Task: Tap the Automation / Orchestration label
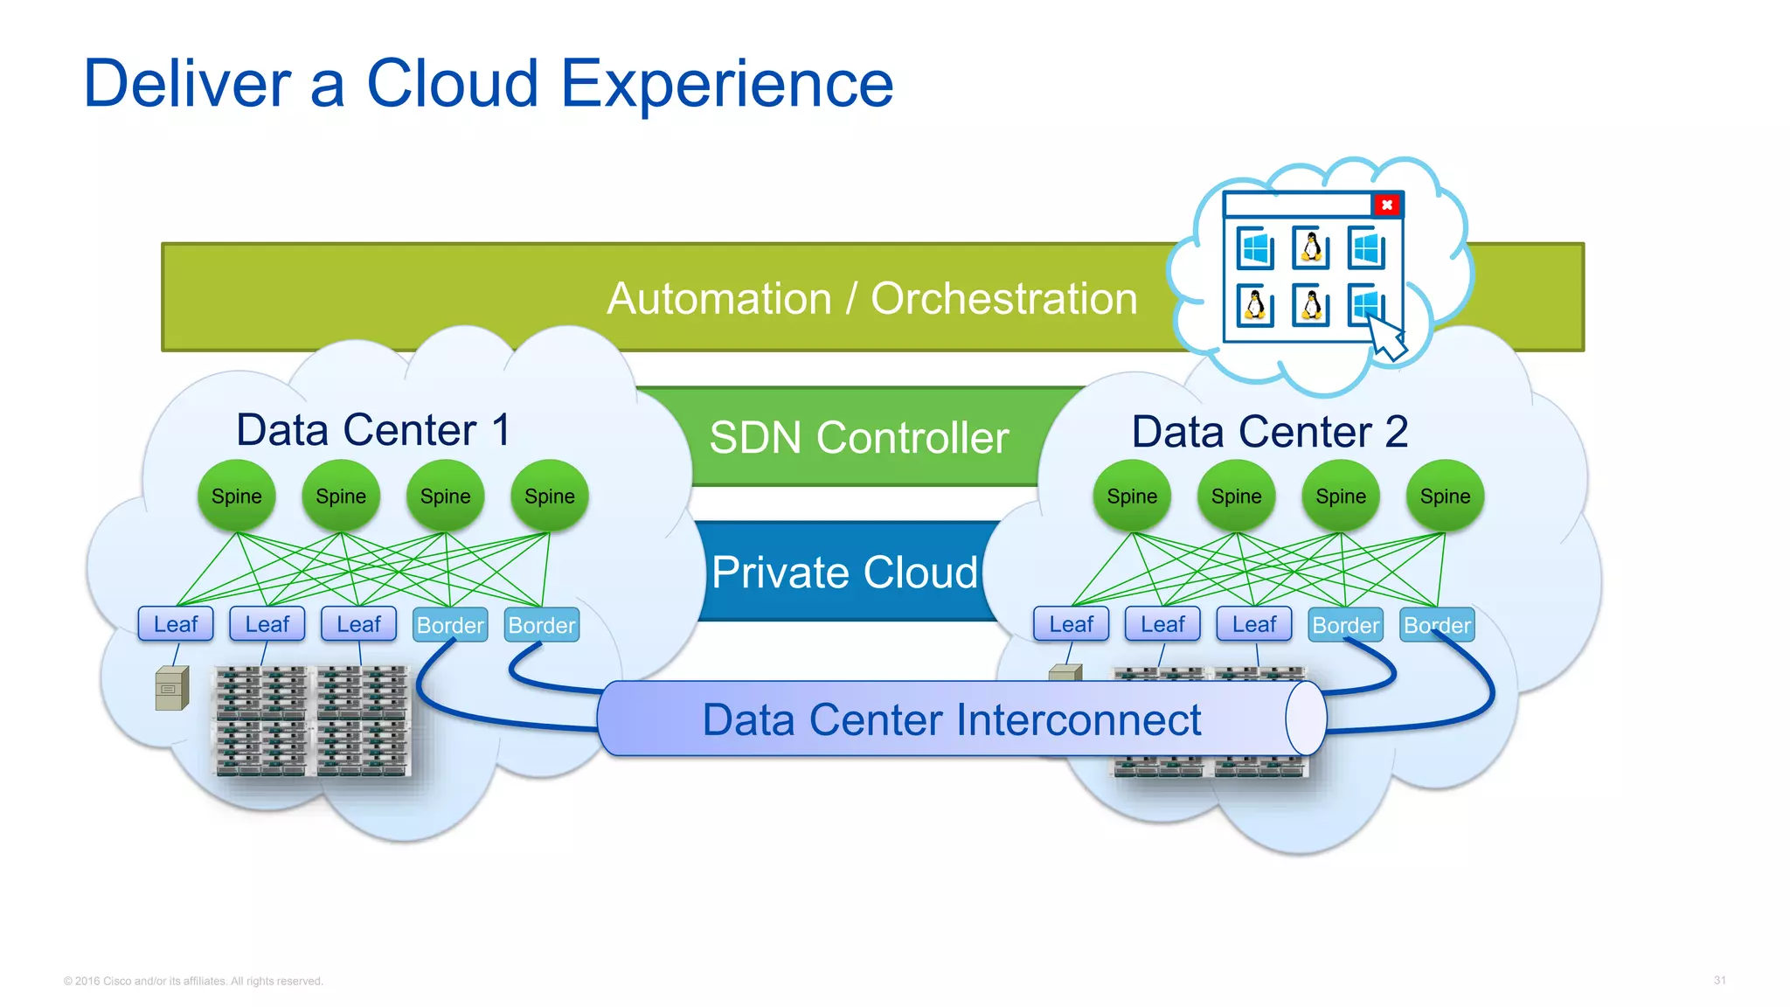click(871, 299)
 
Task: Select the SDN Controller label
click(858, 437)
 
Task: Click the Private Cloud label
click(843, 573)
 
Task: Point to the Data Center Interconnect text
click(951, 720)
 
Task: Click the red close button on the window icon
click(1386, 205)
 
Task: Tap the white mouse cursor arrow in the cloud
click(1387, 338)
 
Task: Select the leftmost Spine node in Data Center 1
click(236, 496)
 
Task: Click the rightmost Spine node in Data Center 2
click(1445, 496)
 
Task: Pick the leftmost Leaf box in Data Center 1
click(176, 624)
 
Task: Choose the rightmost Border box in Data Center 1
click(542, 625)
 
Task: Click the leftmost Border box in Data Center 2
click(1345, 625)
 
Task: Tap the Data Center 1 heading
click(373, 430)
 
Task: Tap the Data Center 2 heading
click(1269, 432)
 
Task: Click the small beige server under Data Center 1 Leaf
click(171, 689)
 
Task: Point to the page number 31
click(1719, 980)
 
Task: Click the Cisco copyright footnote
click(193, 981)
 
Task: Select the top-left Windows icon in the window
click(1255, 249)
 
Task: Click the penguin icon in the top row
click(1311, 248)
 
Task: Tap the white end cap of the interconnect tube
click(1306, 719)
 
